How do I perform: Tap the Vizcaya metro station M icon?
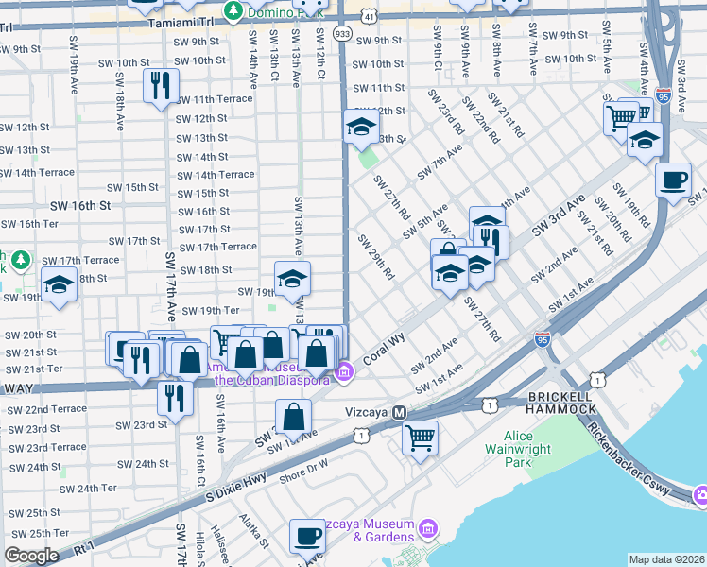click(400, 413)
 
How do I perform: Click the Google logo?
click(31, 555)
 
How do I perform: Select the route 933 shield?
click(342, 33)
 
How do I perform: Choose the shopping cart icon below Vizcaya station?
click(420, 438)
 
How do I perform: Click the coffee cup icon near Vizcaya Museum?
click(307, 536)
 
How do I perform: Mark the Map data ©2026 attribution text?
click(666, 559)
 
